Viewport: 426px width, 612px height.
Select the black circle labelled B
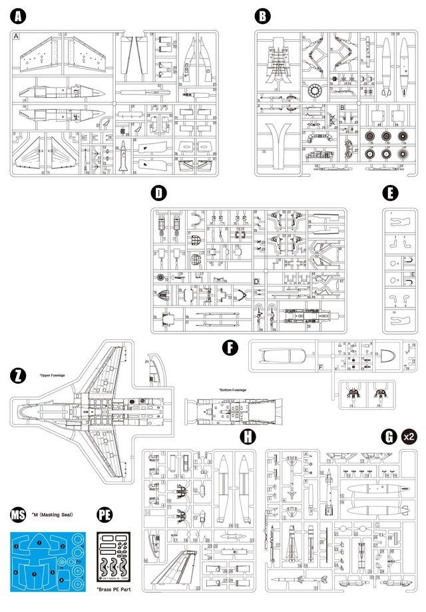[264, 15]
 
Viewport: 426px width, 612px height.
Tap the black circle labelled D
[158, 194]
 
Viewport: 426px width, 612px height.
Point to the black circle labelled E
[391, 194]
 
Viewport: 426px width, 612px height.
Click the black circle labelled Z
[18, 375]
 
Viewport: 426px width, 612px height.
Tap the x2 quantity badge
[409, 436]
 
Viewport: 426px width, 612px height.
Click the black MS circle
[19, 514]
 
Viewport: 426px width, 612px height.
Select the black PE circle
[104, 514]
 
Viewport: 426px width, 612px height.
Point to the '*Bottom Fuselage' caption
[232, 390]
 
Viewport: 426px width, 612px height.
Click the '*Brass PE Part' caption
[114, 589]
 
